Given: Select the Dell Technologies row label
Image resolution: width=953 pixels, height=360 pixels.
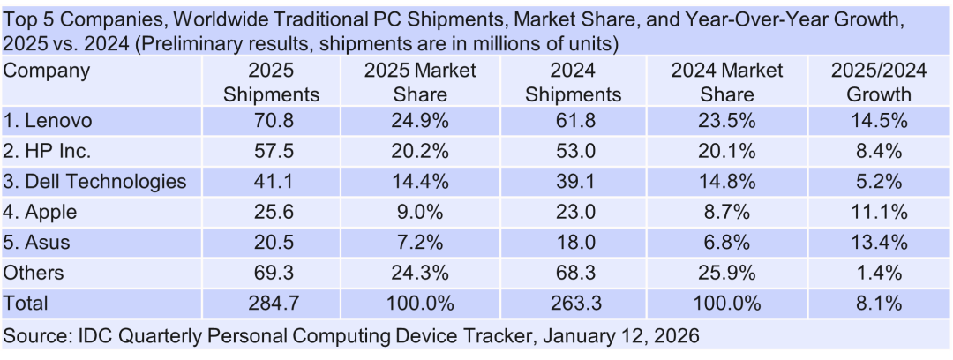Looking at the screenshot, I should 95,182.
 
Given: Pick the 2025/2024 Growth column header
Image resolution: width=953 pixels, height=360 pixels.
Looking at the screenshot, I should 878,82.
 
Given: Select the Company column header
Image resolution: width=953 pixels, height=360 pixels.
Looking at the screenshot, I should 47,71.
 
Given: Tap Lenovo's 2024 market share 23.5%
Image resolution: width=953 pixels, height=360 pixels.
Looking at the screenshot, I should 727,121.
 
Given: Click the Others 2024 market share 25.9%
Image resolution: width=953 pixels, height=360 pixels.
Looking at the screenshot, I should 727,273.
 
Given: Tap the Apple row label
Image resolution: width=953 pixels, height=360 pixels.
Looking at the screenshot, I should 40,212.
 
